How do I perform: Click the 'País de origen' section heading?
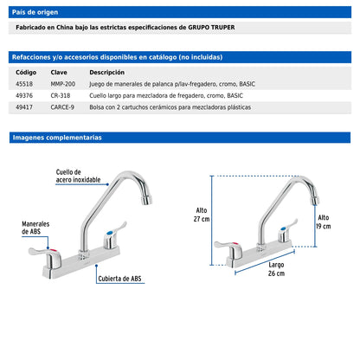[x=35, y=12]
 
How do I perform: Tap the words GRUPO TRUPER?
[x=211, y=28]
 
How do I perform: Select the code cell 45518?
[x=24, y=84]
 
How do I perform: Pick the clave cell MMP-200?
[x=63, y=84]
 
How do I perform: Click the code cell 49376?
[x=24, y=95]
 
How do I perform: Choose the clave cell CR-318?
[x=61, y=95]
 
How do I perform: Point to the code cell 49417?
[x=24, y=107]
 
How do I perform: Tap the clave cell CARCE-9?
[x=62, y=107]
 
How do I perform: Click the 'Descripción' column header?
[x=107, y=72]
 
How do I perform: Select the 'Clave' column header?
[x=59, y=72]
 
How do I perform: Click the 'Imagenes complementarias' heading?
[x=57, y=138]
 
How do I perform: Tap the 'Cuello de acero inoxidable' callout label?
[x=78, y=176]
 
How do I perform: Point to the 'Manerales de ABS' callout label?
[x=35, y=228]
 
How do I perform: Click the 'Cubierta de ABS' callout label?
[x=119, y=279]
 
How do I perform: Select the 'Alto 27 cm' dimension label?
[x=202, y=215]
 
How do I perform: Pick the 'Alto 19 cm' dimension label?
[x=324, y=222]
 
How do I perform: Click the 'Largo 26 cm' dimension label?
[x=276, y=269]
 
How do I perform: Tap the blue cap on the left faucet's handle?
[x=110, y=233]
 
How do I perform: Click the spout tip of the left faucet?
[x=147, y=200]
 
